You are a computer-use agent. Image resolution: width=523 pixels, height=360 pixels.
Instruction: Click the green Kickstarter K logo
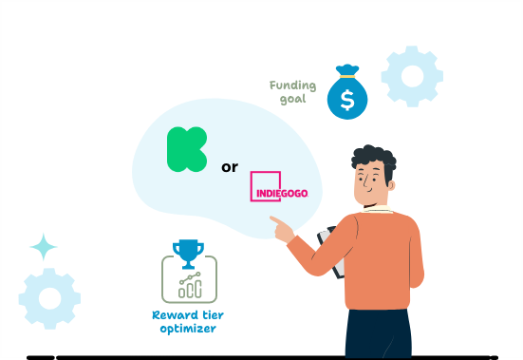187,149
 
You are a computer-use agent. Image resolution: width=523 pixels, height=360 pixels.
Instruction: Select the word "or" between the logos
229,167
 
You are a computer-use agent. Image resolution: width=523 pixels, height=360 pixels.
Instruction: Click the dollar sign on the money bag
346,98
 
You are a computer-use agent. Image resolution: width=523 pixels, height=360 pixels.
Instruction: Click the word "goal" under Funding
294,98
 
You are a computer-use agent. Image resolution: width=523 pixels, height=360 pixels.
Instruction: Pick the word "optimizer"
188,329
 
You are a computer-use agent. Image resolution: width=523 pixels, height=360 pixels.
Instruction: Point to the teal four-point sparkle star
44,247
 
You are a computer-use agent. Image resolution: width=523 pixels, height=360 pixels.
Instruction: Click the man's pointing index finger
275,220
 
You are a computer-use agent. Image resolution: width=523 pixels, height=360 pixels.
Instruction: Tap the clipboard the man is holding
333,251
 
